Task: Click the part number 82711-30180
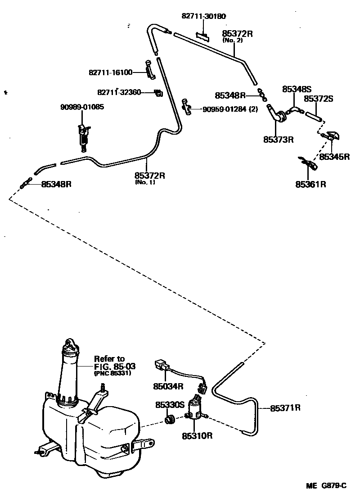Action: pos(203,16)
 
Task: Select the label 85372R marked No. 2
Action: pos(237,34)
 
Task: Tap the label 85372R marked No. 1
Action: pos(149,176)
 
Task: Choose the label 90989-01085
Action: pos(82,107)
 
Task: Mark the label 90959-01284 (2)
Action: pos(230,109)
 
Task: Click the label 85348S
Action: pos(297,90)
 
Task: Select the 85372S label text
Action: pos(318,98)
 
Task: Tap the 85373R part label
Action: pos(279,139)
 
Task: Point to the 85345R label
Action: pos(334,157)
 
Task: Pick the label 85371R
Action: pos(285,408)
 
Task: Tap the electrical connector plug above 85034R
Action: pos(161,366)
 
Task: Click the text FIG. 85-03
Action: pos(115,366)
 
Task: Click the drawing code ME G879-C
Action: pos(327,485)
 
